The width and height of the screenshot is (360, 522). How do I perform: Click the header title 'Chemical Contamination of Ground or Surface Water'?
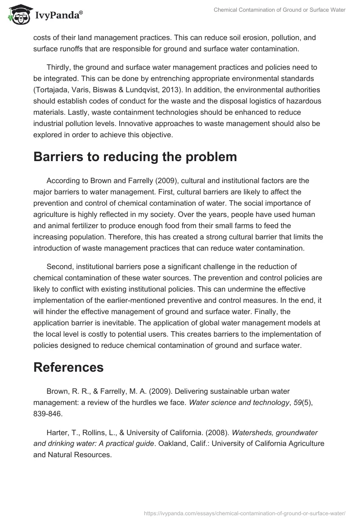tap(279, 10)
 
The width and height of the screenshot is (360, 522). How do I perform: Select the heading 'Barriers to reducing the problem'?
tap(135, 157)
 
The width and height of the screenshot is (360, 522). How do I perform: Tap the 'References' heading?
tap(68, 367)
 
